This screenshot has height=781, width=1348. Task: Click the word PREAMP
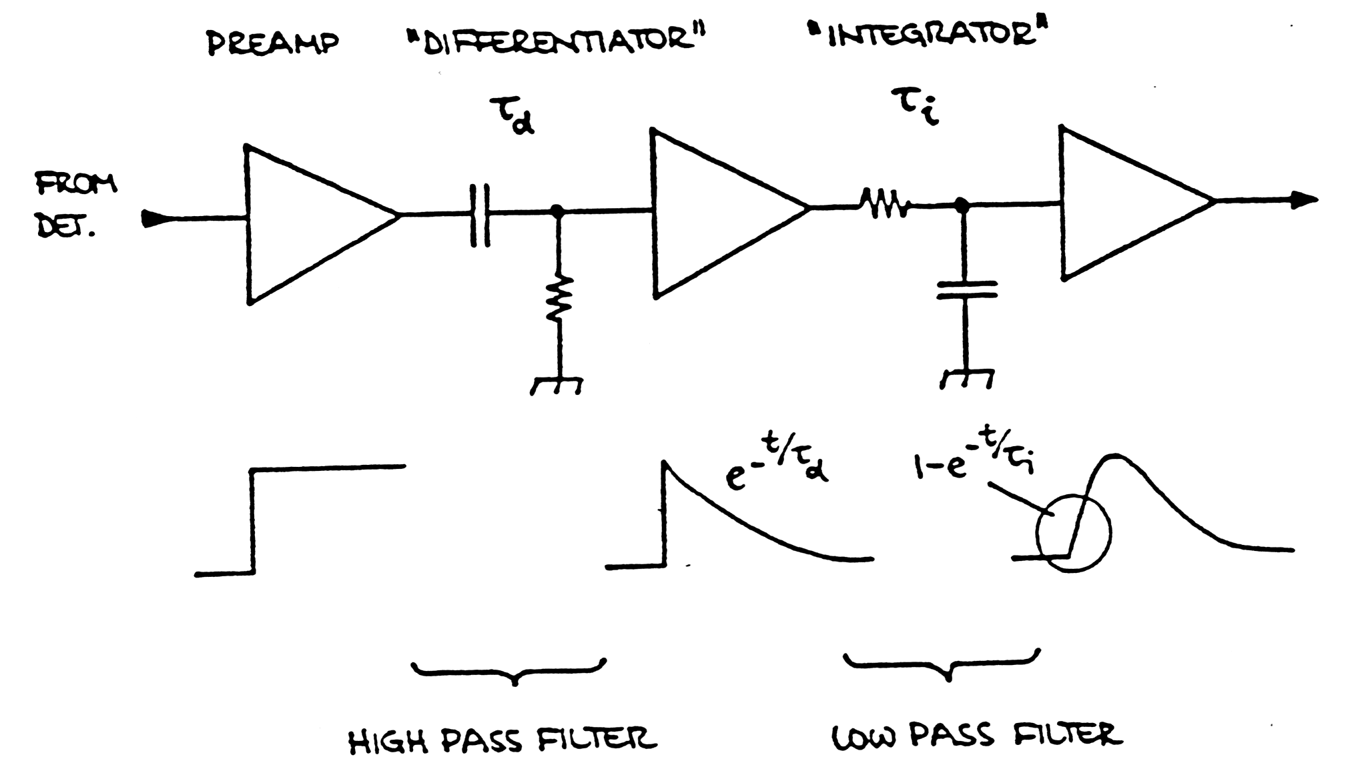272,43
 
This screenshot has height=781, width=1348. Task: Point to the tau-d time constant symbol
512,115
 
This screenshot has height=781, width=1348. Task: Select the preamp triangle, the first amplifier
314,223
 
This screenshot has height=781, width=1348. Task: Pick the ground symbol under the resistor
557,385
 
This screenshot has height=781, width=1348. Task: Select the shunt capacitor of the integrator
966,289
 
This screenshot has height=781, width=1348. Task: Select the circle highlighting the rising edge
1073,533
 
